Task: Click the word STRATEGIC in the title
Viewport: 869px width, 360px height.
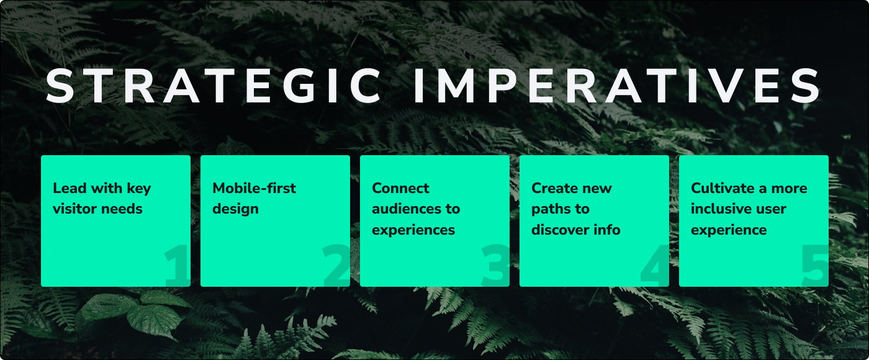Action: [214, 86]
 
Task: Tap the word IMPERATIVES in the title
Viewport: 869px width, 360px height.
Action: [617, 86]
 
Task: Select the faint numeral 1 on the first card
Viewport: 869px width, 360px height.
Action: [177, 266]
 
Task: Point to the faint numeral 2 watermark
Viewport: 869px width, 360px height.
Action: [336, 266]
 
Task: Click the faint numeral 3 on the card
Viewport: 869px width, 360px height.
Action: [495, 266]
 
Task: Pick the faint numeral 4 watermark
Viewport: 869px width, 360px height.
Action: [655, 266]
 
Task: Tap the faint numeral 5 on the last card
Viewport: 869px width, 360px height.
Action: [814, 266]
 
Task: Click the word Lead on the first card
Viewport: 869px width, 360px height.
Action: [70, 188]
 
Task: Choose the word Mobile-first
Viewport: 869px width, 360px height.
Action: [254, 188]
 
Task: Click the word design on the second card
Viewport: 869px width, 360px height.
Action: [235, 210]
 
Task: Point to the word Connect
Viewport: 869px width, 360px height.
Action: [400, 188]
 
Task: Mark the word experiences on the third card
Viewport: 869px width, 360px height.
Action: [413, 230]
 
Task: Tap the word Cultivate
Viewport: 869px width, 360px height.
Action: [723, 188]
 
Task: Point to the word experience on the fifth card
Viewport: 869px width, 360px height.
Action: [729, 230]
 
